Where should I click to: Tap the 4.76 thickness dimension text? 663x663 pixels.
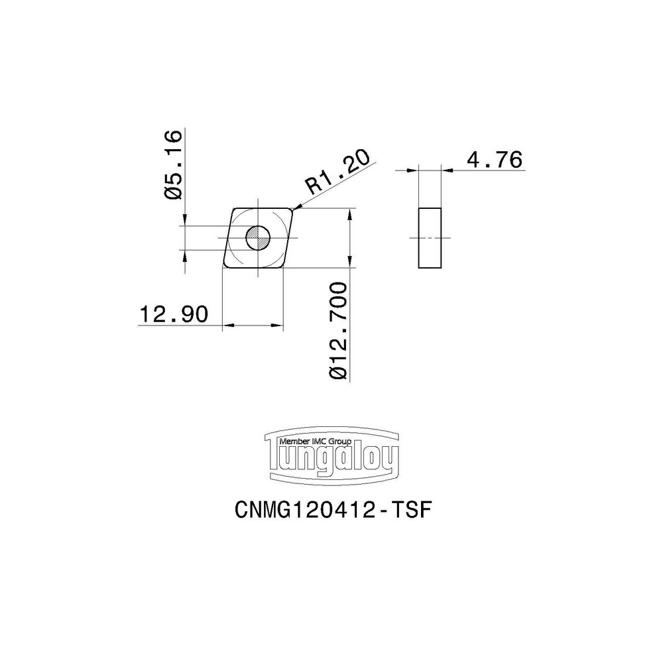[494, 160]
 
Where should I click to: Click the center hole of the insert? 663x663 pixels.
[257, 237]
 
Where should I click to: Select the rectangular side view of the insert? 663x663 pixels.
[430, 238]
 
